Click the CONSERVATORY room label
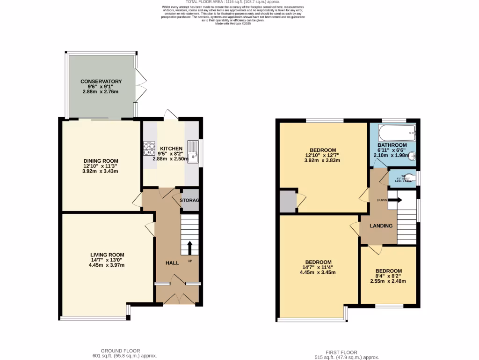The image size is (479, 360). coord(101,82)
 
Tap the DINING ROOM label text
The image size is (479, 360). coord(101,161)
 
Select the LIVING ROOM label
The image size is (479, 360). coord(107,255)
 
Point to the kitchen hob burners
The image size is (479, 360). coord(149,149)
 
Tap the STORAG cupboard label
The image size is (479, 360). coord(190,201)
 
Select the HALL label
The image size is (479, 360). coord(172,263)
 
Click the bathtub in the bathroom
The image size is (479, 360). coord(397,133)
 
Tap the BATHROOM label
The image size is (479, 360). coord(392,145)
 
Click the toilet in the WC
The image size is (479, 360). coord(407,178)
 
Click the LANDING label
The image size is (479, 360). coord(381,226)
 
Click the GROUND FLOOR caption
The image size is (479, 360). coord(121,351)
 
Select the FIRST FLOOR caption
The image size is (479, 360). coord(341,352)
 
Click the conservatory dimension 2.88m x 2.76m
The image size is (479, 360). coord(101,92)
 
